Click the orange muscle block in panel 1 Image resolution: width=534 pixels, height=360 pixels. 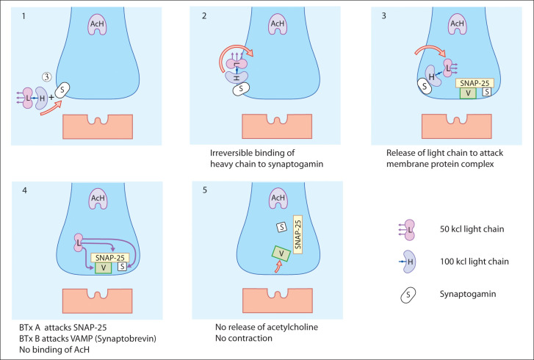click(x=98, y=125)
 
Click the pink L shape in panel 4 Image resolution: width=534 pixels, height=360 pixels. click(x=78, y=242)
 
